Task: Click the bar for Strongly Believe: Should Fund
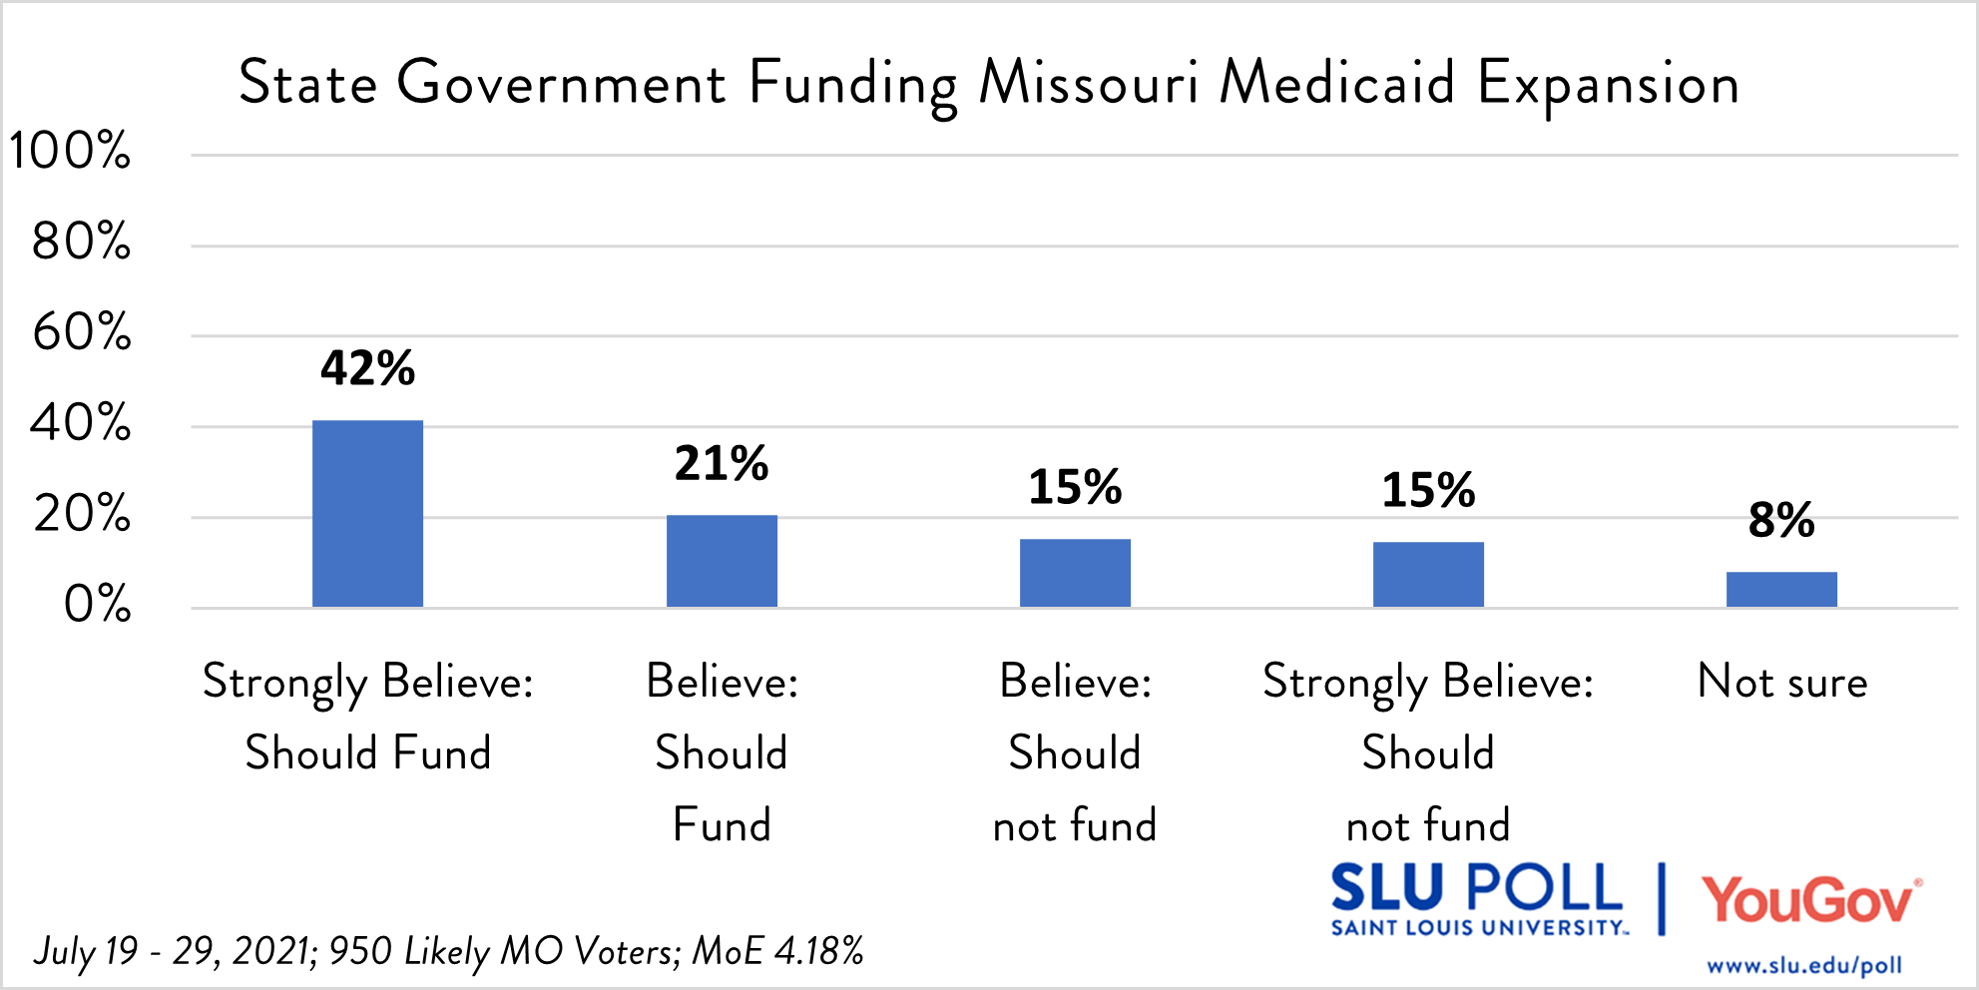(367, 513)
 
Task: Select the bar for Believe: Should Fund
(722, 561)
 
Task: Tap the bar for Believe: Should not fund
(1075, 573)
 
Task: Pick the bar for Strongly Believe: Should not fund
(1428, 574)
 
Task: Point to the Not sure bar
(1781, 589)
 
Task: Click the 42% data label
(367, 368)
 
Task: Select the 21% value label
(722, 463)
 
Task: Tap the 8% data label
(1781, 520)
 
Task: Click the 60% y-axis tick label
(82, 332)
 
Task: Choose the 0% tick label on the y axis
(97, 605)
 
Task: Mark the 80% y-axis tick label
(82, 242)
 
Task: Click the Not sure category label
(1781, 682)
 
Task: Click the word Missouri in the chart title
(1088, 82)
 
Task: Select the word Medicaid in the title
(1337, 82)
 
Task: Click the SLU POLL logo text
(1477, 888)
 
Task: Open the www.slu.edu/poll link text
(1804, 965)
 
